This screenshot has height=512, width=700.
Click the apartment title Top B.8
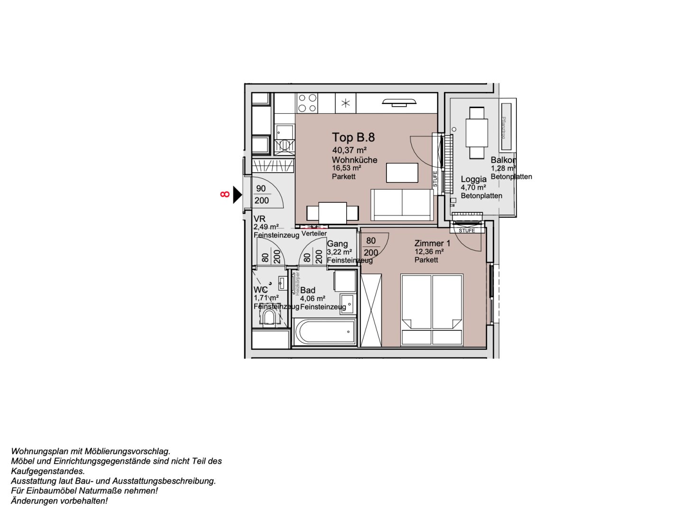[x=353, y=137]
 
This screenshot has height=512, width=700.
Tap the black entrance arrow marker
[x=237, y=194]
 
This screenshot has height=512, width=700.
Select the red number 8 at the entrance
[x=225, y=194]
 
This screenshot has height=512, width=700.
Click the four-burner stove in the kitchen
[x=307, y=103]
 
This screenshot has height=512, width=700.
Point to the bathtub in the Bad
[x=325, y=331]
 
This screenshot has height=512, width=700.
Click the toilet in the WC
[x=269, y=318]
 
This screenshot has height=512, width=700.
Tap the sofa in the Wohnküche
[x=402, y=204]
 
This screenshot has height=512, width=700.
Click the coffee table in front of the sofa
[x=402, y=173]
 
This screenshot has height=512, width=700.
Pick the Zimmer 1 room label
[x=432, y=243]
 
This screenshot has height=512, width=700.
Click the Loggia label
[x=473, y=179]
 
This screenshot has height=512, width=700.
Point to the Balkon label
[x=503, y=160]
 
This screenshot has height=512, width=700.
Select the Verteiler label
[x=314, y=234]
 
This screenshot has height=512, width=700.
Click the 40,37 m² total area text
[x=349, y=150]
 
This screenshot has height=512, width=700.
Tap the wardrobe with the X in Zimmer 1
[x=371, y=310]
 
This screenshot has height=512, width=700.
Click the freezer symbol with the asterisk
[x=346, y=103]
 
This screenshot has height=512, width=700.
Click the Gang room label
[x=337, y=244]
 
